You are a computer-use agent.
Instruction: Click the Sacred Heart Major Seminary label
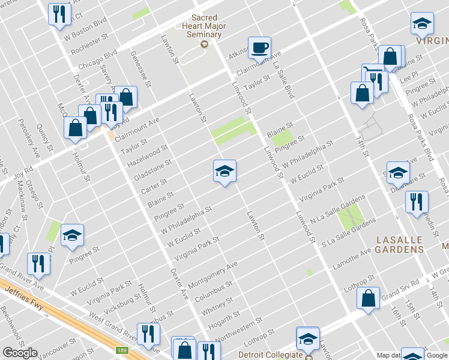point(204,26)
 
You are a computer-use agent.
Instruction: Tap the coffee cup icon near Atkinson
point(259,48)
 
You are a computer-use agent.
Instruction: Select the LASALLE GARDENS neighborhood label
point(399,244)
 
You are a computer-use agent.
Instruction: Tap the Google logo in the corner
point(20,353)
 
